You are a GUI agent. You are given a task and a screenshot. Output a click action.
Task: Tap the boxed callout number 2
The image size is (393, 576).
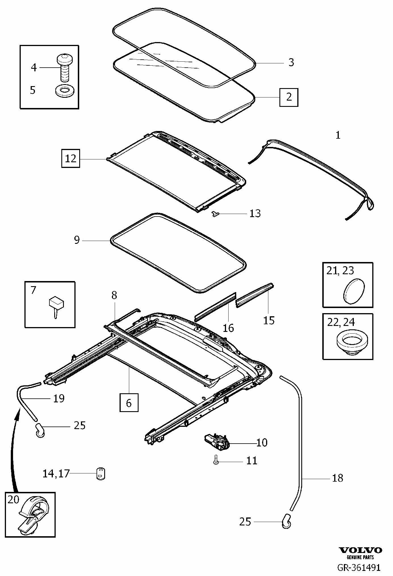coord(289,97)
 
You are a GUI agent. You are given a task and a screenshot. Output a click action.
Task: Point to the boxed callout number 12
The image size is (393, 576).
coord(71,158)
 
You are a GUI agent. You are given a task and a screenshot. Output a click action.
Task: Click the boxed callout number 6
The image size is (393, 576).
coord(129,402)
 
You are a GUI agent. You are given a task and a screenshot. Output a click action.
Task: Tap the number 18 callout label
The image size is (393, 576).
coord(337,478)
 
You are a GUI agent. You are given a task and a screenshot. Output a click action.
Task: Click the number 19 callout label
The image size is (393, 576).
coord(59,398)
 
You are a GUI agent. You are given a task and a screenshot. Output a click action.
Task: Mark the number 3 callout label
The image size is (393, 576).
coord(291,62)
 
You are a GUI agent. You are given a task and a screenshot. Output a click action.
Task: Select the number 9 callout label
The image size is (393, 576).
coord(77,240)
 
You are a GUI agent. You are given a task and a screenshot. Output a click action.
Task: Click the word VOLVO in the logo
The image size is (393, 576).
coord(361,550)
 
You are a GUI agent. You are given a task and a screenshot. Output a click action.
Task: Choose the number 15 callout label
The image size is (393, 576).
coord(269,320)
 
